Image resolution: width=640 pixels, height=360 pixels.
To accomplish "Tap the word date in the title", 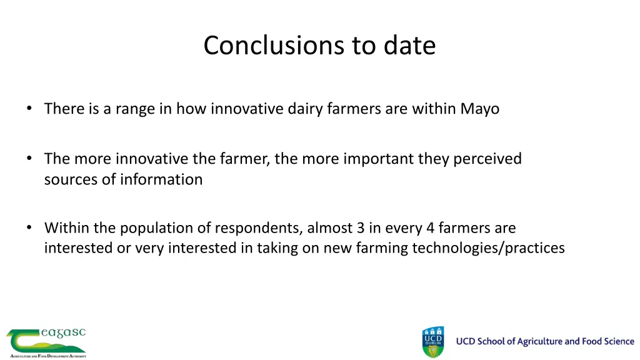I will tap(409, 46).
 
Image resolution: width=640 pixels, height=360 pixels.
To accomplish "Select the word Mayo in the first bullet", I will tap(479, 109).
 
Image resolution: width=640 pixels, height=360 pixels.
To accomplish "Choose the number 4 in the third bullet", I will tap(431, 228).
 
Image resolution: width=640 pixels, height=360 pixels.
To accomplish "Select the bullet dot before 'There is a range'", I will tap(29, 109).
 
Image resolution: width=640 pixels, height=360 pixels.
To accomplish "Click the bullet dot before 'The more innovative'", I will tap(29, 159).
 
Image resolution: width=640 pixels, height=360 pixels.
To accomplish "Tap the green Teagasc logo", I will tap(46, 342).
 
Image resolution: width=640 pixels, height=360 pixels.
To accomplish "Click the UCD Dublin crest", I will tap(433, 342).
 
